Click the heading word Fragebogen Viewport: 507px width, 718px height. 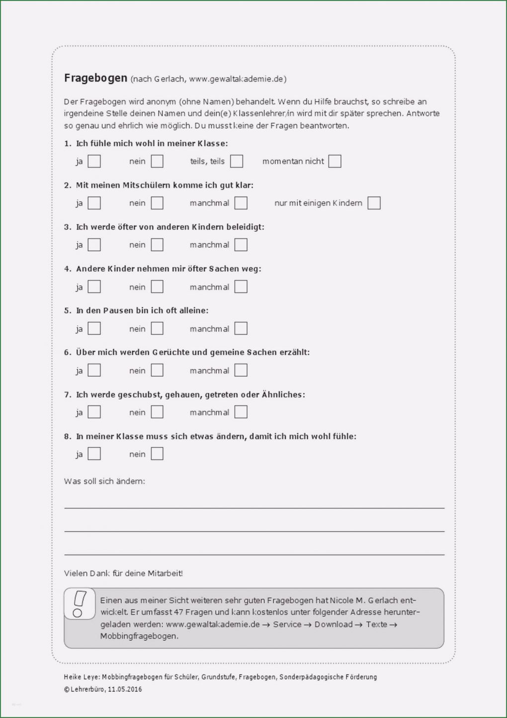tap(95, 78)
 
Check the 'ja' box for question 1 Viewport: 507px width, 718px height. tap(94, 161)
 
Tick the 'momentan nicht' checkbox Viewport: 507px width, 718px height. tap(335, 161)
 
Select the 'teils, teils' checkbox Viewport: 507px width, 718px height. tap(237, 161)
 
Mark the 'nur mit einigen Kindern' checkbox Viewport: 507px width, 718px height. tap(374, 203)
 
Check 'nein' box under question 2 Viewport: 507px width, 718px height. tap(157, 203)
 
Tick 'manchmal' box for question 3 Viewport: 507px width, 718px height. tap(241, 245)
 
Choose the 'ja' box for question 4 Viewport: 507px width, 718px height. tap(94, 287)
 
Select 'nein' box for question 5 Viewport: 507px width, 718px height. tap(157, 328)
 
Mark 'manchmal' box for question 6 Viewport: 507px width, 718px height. tap(241, 370)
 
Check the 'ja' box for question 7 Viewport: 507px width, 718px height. tap(94, 412)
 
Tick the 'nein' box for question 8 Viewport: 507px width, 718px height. tap(157, 454)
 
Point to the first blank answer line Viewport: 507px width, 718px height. tap(254, 508)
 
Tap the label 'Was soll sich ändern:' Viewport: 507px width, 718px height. tap(104, 481)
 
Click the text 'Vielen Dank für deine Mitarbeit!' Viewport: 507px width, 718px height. tap(123, 573)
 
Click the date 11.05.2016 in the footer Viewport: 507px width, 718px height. tap(125, 689)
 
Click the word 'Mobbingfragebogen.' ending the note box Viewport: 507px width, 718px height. tap(139, 636)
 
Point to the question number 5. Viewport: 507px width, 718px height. tap(67, 310)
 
